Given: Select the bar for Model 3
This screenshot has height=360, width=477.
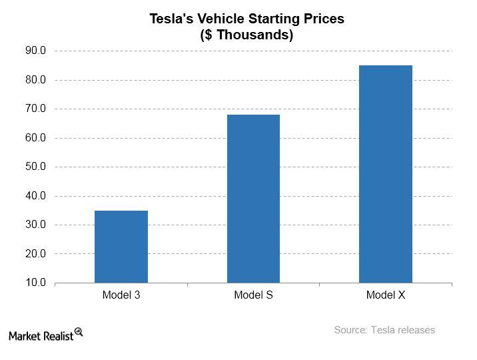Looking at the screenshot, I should [x=121, y=247].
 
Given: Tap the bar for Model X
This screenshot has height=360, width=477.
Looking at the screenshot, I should [x=386, y=174].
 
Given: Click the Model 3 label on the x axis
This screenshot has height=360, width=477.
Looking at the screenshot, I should [x=121, y=295].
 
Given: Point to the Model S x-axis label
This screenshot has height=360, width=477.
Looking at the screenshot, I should [x=253, y=295].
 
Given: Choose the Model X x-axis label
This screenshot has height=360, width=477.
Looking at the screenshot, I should [x=386, y=295].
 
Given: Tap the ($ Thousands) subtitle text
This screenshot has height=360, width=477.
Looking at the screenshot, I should [x=246, y=35].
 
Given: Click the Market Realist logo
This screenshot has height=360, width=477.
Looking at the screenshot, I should [x=45, y=333].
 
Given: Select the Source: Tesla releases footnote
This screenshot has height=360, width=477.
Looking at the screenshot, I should [x=384, y=329].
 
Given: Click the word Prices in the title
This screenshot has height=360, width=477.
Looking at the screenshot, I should [x=323, y=19].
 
